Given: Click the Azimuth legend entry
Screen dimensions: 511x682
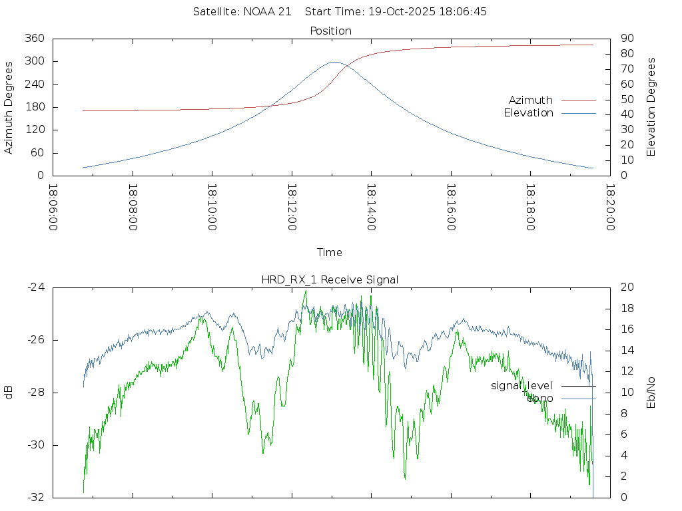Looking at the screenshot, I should (x=531, y=100).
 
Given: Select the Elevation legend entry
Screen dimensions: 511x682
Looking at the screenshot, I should (x=528, y=113).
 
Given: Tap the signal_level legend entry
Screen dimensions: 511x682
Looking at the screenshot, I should (x=521, y=385).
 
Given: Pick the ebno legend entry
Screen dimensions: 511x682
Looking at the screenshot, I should (x=539, y=398).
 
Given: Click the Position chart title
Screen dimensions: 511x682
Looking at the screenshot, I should (x=330, y=31).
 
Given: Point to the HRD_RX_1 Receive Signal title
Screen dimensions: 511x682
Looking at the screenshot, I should (x=330, y=279).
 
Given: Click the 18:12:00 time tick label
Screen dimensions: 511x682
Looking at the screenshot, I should (x=292, y=208).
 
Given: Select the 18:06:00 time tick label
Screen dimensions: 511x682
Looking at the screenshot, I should (x=53, y=208).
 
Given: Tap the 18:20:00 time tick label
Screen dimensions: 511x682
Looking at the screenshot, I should (x=610, y=208).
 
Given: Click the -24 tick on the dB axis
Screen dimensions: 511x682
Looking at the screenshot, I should (x=36, y=287).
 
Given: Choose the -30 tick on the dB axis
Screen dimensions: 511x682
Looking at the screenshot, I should (x=36, y=445).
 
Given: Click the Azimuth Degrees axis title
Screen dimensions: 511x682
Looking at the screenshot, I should (x=9, y=107).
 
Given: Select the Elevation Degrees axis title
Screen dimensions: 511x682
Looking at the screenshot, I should (x=651, y=107).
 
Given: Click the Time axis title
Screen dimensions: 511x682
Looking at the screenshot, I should (x=330, y=252).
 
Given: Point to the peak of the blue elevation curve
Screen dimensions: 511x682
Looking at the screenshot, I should (x=334, y=62).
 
